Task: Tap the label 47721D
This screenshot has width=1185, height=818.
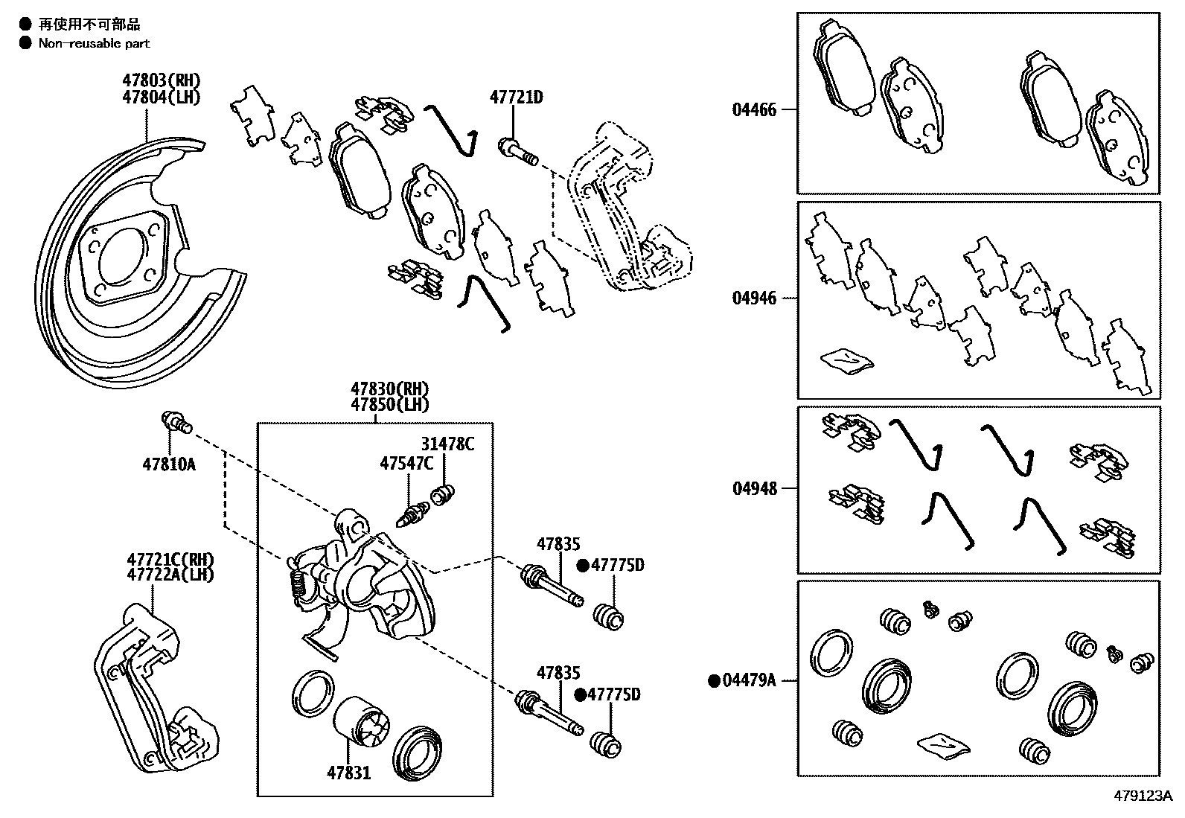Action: point(516,98)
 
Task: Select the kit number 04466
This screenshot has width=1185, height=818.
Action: point(753,110)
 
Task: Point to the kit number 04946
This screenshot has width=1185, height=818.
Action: point(753,298)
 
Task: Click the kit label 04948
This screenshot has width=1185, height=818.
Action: point(753,488)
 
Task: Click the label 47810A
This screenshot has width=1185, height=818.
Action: point(168,464)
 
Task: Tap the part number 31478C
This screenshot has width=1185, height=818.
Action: point(447,444)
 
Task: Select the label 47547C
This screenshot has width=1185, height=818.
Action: point(406,464)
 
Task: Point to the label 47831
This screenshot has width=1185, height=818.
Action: point(348,773)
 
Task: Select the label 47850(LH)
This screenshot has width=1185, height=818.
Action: point(390,405)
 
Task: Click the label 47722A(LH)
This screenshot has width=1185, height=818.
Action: point(170,575)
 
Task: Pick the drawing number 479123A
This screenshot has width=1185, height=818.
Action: point(1143,795)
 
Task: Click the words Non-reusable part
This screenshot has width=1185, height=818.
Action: point(94,43)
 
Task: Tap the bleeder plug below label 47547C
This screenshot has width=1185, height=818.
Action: point(413,514)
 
